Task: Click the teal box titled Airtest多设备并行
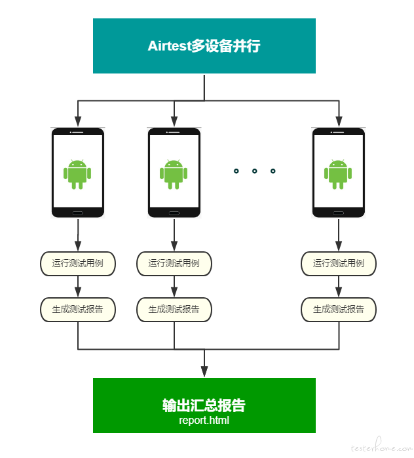pyautogui.click(x=204, y=46)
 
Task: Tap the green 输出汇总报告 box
pyautogui.click(x=204, y=406)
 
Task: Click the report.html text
pyautogui.click(x=204, y=421)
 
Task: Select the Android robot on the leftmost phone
pyautogui.click(x=77, y=175)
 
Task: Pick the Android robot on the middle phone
pyautogui.click(x=174, y=175)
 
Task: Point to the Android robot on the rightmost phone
pyautogui.click(x=338, y=175)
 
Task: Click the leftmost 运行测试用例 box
pyautogui.click(x=78, y=264)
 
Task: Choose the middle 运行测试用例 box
pyautogui.click(x=174, y=264)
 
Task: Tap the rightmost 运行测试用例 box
pyautogui.click(x=339, y=264)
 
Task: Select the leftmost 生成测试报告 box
pyautogui.click(x=78, y=310)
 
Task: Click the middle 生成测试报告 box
pyautogui.click(x=174, y=310)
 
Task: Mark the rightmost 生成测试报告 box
pyautogui.click(x=339, y=310)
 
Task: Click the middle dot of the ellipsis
pyautogui.click(x=255, y=171)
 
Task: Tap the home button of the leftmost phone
pyautogui.click(x=78, y=213)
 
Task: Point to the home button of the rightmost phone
pyautogui.click(x=339, y=213)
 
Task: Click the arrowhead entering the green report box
pyautogui.click(x=204, y=371)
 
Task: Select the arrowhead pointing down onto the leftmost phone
pyautogui.click(x=78, y=121)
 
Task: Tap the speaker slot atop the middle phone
pyautogui.click(x=174, y=133)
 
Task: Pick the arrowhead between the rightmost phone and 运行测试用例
pyautogui.click(x=339, y=245)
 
